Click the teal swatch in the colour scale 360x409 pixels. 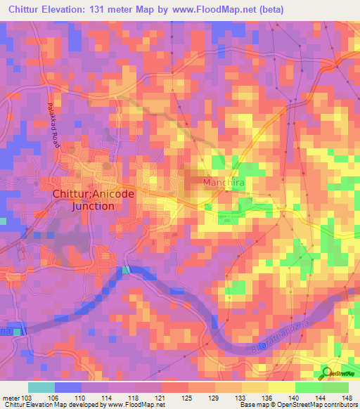click(41, 387)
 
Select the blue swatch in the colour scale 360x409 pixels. click(68, 387)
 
